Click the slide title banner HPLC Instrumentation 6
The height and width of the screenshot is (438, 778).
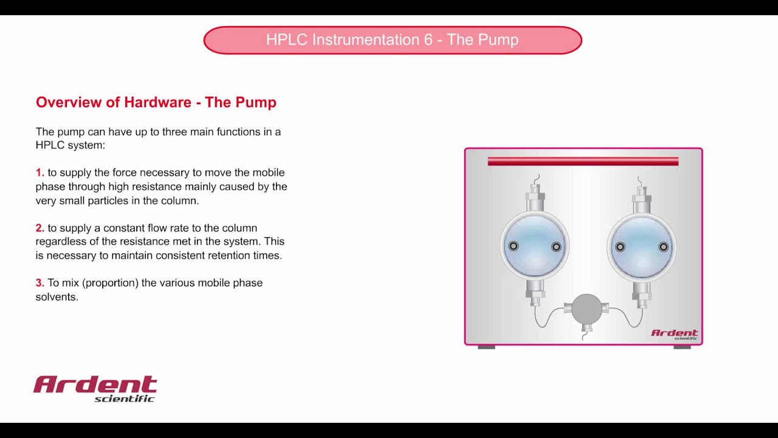tap(392, 40)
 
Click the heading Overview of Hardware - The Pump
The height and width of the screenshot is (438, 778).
tap(156, 102)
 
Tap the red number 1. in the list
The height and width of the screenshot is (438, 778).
tap(40, 173)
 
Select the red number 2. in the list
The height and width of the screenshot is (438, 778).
tap(40, 228)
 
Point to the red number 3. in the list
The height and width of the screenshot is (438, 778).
tap(40, 283)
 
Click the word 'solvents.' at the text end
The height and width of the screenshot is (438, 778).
tap(57, 297)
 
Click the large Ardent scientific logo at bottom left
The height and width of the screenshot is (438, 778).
tap(95, 388)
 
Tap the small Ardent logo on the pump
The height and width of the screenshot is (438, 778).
tap(675, 334)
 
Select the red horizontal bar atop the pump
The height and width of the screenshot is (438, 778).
tap(583, 161)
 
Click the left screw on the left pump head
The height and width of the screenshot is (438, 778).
tap(514, 246)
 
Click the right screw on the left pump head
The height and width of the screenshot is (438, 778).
tap(556, 246)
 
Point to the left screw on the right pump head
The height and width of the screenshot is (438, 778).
tap(620, 246)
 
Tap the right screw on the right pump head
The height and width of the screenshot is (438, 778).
tap(663, 246)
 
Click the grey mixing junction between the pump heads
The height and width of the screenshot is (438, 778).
tap(586, 309)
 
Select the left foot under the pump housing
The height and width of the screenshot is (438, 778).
tap(486, 347)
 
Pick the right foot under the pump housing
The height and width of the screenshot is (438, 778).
tap(682, 347)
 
